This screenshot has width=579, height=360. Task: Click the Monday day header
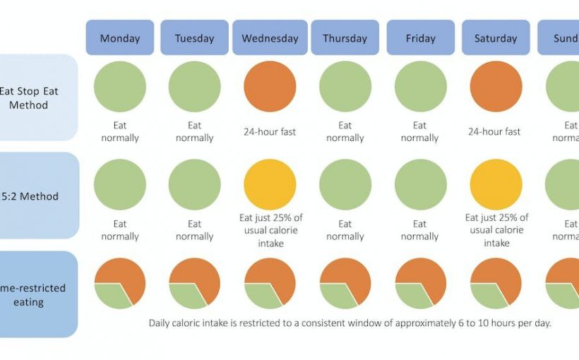point(120,38)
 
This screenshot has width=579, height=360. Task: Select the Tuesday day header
point(195,38)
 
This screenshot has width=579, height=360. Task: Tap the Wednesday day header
point(270,38)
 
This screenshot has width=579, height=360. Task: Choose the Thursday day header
point(345,38)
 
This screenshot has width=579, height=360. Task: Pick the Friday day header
point(420,38)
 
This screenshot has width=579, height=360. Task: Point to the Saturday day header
point(496,38)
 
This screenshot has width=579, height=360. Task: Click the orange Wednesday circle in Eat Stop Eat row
point(270,86)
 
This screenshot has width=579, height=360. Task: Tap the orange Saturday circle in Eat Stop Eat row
point(496,86)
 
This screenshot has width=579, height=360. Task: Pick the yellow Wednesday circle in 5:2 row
point(270,184)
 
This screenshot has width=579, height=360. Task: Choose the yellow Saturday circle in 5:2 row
point(496,184)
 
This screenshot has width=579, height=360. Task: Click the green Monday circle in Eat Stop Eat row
point(120,86)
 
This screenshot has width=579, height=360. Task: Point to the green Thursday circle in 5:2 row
point(345,184)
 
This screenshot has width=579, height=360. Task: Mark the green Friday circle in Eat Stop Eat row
point(420,86)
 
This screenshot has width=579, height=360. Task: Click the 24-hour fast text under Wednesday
point(270,131)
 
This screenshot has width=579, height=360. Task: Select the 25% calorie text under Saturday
point(496,230)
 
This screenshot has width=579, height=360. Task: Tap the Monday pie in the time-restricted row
point(120,283)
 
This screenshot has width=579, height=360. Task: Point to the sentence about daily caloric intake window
point(350,323)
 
